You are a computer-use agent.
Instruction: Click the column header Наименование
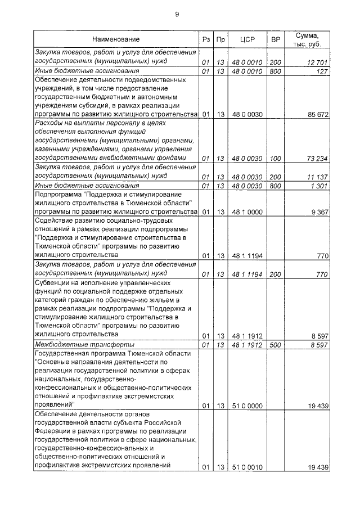pos(116,39)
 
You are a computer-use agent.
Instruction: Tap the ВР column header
pos(276,39)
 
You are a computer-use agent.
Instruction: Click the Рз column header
pos(206,39)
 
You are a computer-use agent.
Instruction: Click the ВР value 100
pos(276,159)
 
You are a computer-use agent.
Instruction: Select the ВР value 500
pos(276,344)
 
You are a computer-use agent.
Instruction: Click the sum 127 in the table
pos(321,71)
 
